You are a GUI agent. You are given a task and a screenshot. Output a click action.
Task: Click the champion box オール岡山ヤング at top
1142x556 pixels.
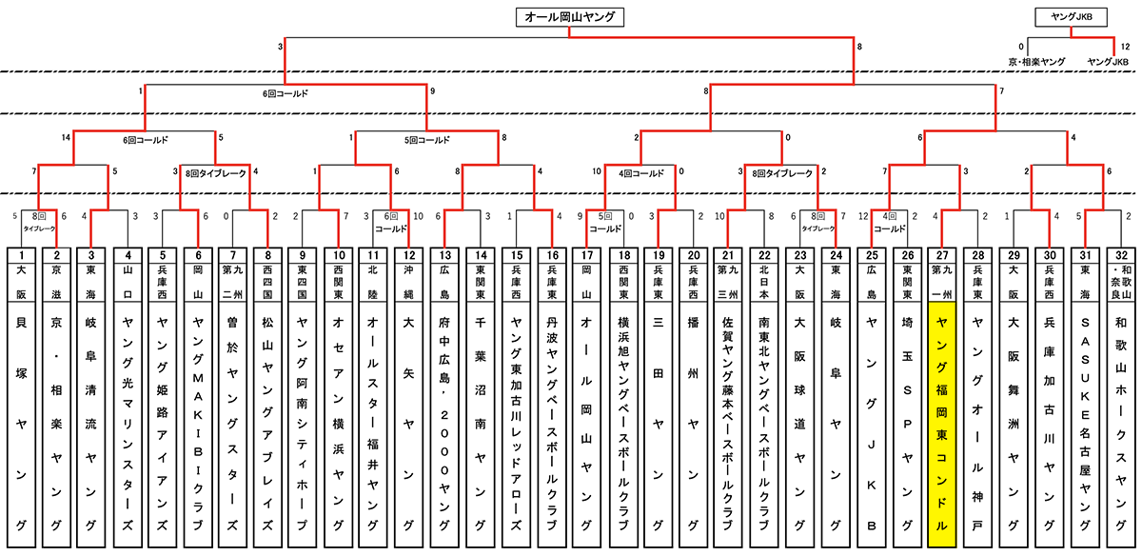point(570,16)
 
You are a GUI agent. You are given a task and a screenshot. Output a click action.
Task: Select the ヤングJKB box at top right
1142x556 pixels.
point(1071,16)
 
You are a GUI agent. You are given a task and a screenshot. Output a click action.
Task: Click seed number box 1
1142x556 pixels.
point(22,254)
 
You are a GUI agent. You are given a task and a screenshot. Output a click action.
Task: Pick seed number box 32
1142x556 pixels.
point(1120,254)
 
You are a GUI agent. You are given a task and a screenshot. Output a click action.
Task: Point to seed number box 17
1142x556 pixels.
point(586,254)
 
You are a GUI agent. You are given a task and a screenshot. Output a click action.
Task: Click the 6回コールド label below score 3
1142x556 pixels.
point(285,94)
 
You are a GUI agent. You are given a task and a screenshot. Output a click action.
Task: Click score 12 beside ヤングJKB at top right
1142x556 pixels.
point(1126,46)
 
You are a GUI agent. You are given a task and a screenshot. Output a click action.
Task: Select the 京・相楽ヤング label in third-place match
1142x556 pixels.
point(1036,60)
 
